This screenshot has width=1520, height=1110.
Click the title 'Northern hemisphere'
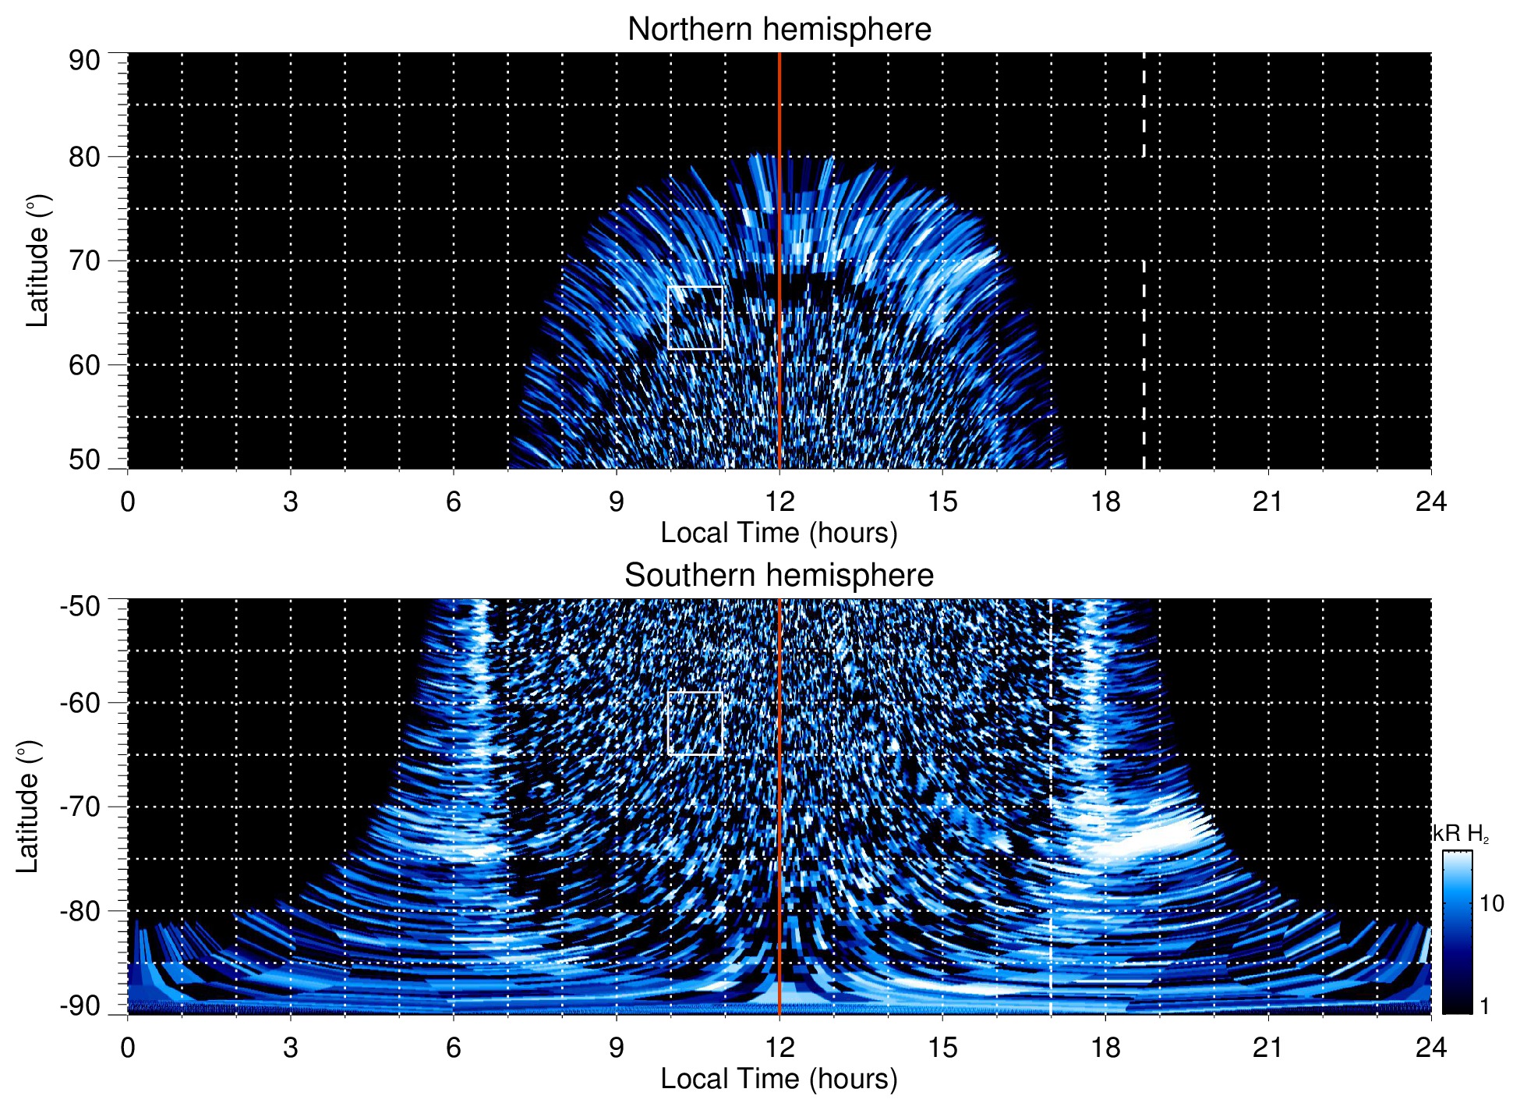779,30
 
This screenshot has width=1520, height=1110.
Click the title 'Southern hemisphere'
779,576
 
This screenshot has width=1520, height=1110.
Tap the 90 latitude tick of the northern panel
85,61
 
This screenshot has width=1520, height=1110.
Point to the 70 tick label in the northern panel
85,261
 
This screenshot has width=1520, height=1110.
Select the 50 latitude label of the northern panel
85,459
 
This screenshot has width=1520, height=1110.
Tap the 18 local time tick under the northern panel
1105,502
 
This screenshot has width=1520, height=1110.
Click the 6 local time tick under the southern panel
454,1048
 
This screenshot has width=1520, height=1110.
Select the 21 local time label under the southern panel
1268,1048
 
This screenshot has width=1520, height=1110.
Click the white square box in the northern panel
695,317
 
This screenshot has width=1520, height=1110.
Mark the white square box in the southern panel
695,723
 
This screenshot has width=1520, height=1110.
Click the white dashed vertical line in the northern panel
1144,312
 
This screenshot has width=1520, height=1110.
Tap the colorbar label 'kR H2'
1460,834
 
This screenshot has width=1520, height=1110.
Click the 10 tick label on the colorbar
1491,904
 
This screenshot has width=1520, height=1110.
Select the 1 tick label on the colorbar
1484,1006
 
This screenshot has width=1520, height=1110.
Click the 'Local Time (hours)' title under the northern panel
779,534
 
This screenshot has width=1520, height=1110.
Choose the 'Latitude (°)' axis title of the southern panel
28,807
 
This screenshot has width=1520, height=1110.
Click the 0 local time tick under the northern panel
128,502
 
